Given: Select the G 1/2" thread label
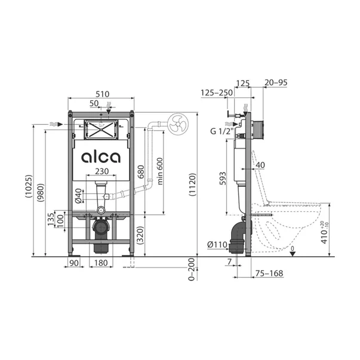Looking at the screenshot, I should click(x=220, y=132).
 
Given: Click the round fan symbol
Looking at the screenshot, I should click(x=179, y=125).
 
